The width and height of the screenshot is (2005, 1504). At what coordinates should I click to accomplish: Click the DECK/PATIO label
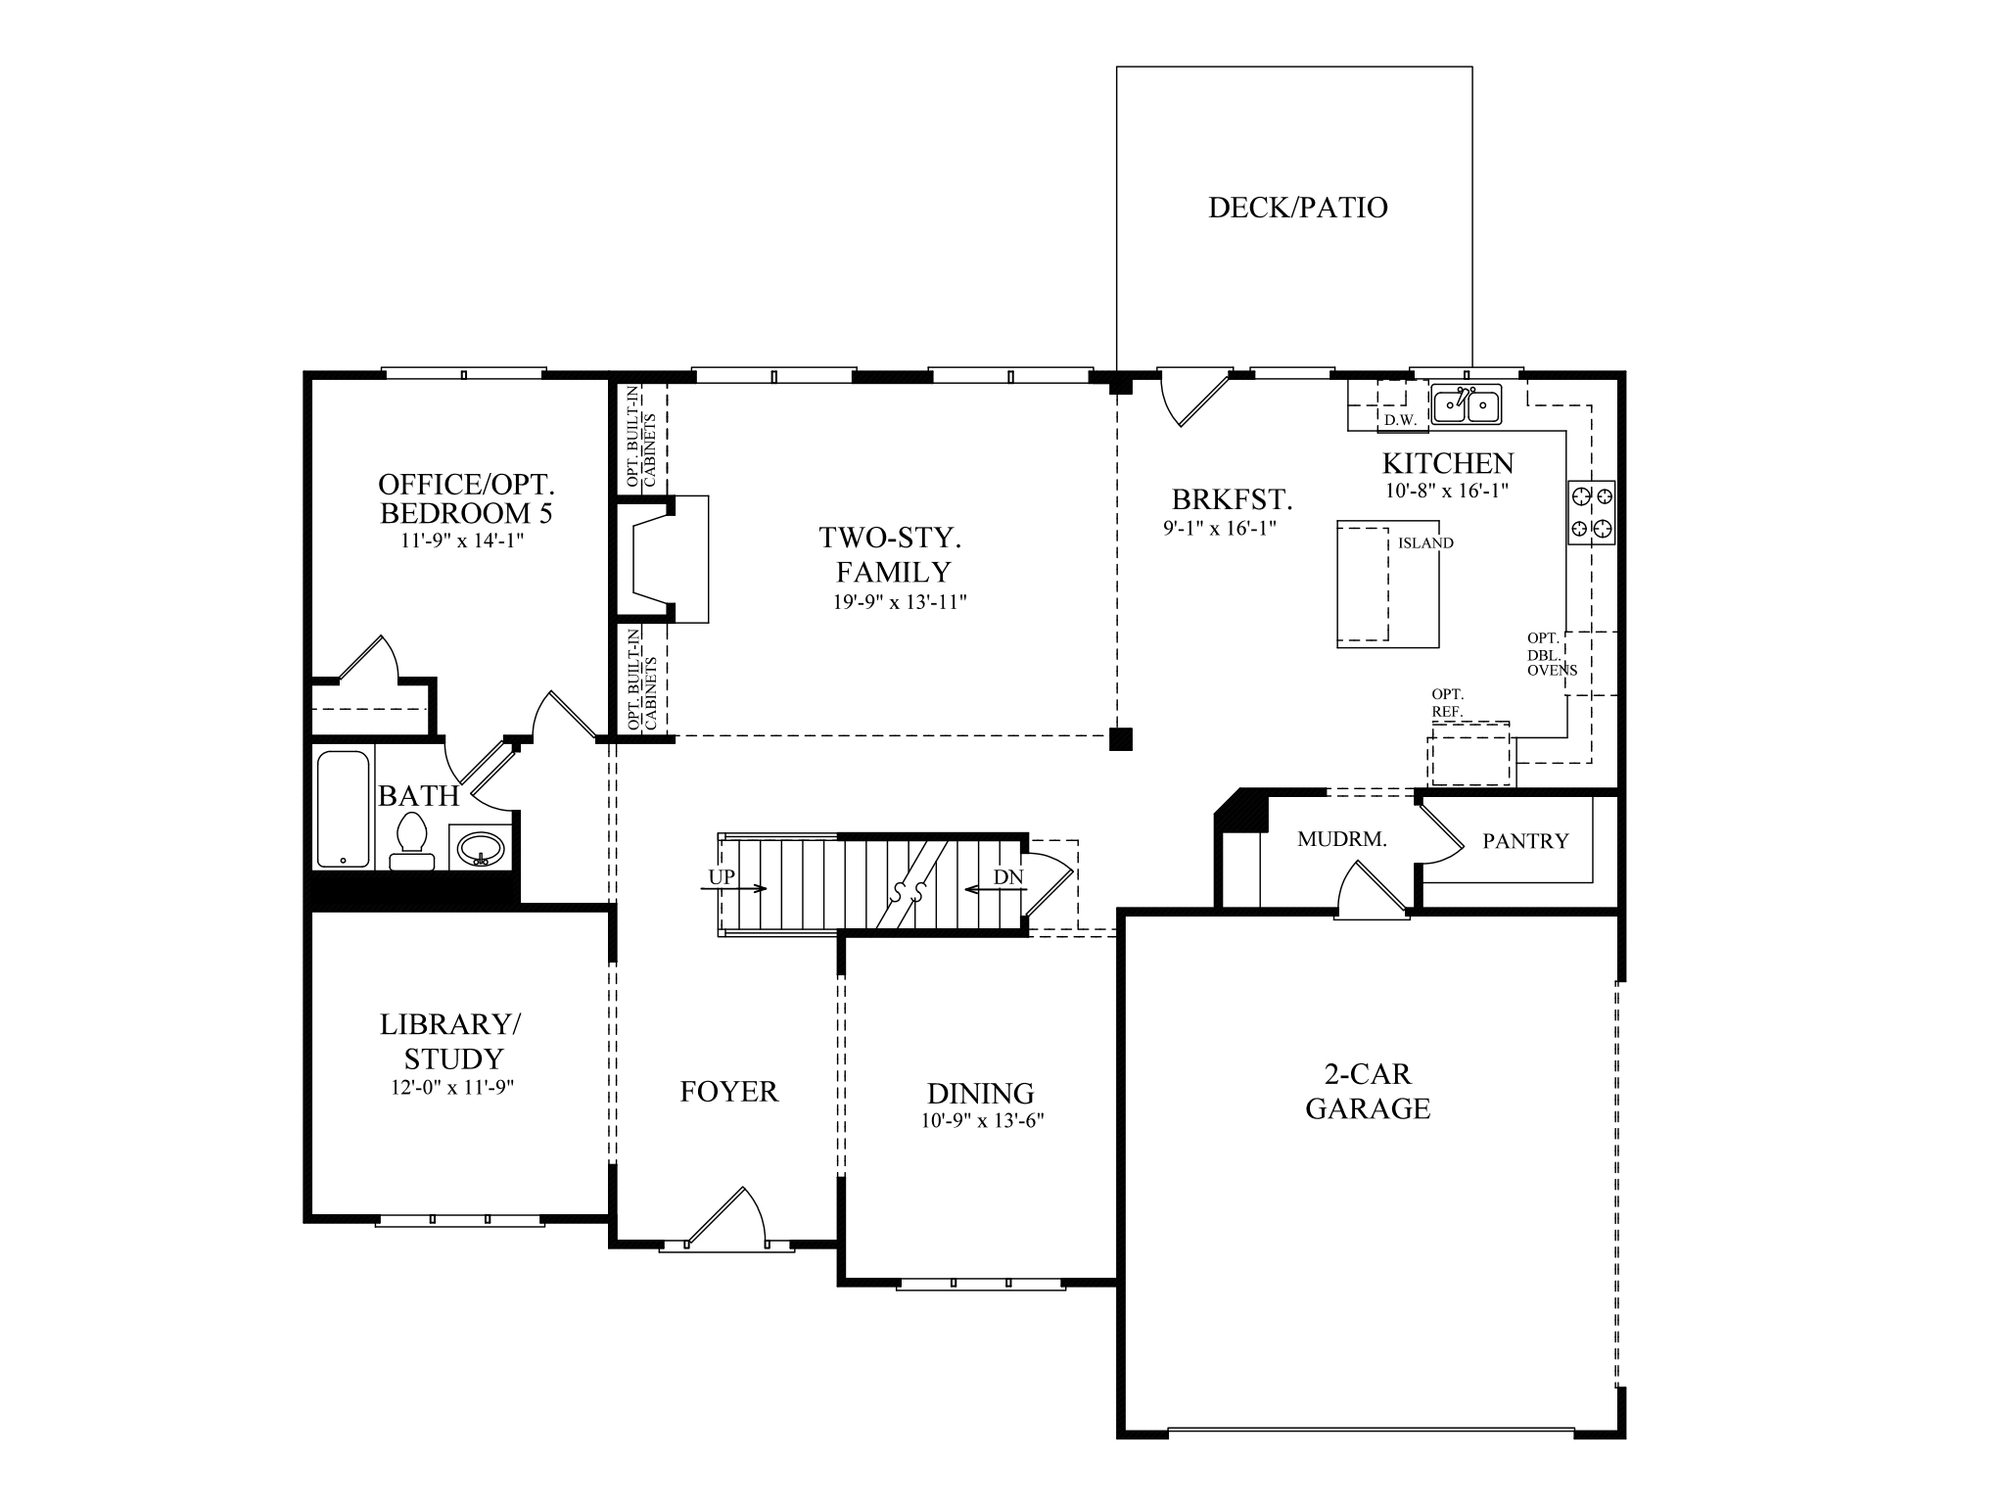(x=1297, y=208)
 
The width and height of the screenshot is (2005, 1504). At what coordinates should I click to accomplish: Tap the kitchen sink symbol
(x=1465, y=403)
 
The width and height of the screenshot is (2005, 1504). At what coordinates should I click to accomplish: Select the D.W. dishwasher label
(x=1400, y=421)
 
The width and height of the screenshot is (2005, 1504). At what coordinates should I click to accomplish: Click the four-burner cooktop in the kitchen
(x=1592, y=512)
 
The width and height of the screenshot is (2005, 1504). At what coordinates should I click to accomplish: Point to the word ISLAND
(x=1425, y=543)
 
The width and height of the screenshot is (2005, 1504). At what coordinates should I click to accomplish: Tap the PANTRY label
(x=1524, y=841)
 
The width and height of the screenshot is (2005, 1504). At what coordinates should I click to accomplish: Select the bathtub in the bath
(x=344, y=809)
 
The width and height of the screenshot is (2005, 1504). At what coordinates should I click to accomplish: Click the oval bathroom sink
(x=480, y=847)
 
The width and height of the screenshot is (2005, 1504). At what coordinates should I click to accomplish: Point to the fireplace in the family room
(x=666, y=559)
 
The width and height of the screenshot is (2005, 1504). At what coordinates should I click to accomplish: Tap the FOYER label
(x=728, y=1092)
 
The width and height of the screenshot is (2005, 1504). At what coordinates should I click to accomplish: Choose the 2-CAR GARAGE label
(x=1368, y=1092)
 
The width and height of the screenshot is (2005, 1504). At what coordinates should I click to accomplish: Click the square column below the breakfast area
(x=1120, y=739)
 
